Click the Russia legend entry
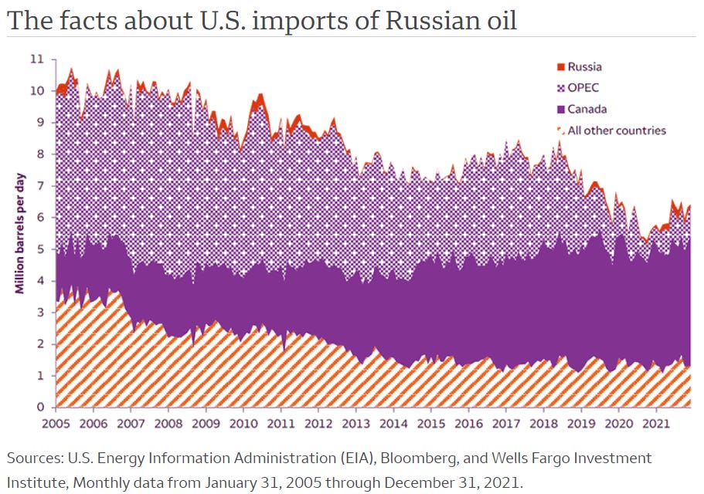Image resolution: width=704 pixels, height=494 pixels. (x=584, y=67)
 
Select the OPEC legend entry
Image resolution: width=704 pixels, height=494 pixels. (x=583, y=88)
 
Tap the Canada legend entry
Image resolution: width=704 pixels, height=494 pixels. (x=587, y=109)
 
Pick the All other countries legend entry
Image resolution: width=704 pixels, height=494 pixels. (x=616, y=130)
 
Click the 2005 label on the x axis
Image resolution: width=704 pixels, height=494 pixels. (x=56, y=424)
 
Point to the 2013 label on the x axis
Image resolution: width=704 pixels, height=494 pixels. (x=356, y=424)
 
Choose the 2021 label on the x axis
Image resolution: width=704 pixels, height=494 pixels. (x=656, y=424)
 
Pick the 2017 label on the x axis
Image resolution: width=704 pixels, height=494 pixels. (x=506, y=424)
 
